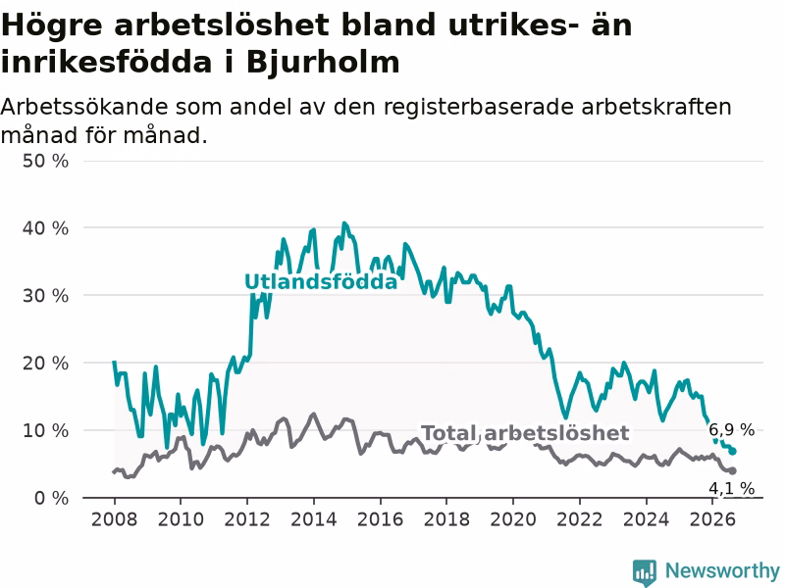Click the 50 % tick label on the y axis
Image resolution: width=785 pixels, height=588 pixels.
coord(45,161)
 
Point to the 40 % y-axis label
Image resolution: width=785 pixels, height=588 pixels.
coord(45,228)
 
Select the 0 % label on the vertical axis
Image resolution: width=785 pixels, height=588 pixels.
coord(52,498)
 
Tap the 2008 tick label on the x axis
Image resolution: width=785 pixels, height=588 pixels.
coord(114,519)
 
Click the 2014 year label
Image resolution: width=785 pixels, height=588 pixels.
coord(314,519)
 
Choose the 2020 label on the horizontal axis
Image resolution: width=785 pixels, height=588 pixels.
coord(513,519)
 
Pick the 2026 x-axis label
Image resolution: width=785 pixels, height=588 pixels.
coord(712,519)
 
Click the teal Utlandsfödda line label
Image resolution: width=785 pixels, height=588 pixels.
coord(321,282)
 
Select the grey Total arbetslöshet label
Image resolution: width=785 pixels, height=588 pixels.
coord(525,433)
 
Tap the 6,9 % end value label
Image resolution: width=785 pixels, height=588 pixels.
coord(731,429)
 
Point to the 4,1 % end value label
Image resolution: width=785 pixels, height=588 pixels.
coord(731,488)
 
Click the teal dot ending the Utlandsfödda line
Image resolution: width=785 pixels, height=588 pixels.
coord(733,452)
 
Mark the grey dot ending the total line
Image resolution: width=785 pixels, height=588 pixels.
coord(733,471)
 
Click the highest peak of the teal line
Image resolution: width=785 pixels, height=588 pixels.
coord(344,223)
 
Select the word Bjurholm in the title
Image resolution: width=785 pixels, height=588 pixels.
coord(324,63)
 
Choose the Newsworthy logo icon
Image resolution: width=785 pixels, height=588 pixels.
coord(645,572)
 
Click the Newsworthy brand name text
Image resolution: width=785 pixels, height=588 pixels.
coord(722,570)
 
